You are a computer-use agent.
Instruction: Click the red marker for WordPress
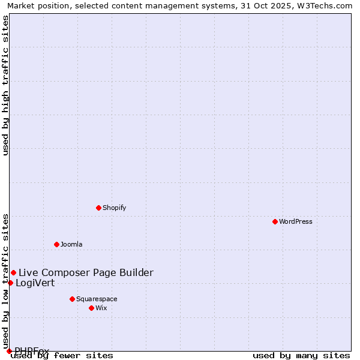(x=275, y=221)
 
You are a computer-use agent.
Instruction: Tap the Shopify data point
(x=98, y=208)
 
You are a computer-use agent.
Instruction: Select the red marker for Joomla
(x=56, y=244)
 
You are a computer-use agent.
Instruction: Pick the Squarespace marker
(x=72, y=299)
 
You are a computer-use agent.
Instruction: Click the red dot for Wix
(x=91, y=308)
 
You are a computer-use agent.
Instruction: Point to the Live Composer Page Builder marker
(x=13, y=272)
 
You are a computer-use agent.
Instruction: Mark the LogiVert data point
(x=10, y=283)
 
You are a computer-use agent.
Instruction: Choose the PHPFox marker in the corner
(x=9, y=351)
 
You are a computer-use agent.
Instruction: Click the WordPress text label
(x=296, y=221)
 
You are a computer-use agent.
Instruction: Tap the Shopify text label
(x=114, y=208)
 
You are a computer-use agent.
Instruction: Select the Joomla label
(x=71, y=244)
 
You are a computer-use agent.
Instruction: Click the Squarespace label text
(x=97, y=299)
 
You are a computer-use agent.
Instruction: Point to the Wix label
(x=101, y=308)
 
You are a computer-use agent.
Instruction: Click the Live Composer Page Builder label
(x=86, y=272)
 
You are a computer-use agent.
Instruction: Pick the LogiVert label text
(x=35, y=283)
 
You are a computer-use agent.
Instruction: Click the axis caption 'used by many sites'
(x=301, y=355)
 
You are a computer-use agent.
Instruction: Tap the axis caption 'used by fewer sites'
(x=62, y=355)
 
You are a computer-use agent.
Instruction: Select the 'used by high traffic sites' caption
(x=5, y=85)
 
